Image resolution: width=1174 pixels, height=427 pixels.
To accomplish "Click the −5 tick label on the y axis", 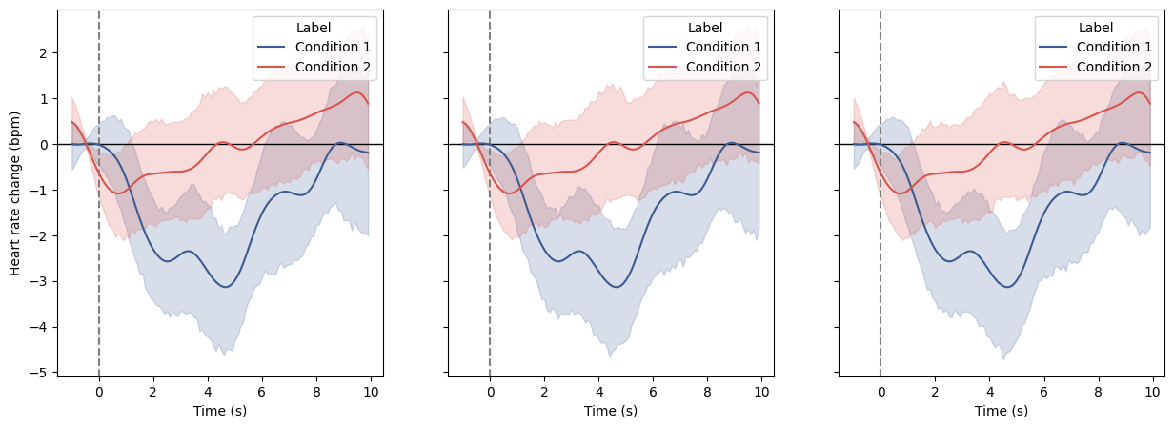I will pos(41,373).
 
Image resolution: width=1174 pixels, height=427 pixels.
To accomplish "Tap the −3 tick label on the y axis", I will pos(41,281).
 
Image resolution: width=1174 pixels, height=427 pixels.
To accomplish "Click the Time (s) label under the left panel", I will pos(220,411).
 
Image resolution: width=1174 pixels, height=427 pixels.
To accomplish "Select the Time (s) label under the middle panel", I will pos(611,411).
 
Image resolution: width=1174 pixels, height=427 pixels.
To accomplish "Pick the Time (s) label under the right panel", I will pos(1002,411).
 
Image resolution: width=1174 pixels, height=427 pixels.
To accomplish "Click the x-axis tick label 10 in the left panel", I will pos(371,391).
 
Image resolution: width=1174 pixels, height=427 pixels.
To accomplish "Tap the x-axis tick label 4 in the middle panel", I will pos(598,391).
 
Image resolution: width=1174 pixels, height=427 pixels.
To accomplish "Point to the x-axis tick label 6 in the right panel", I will pos(1043,391).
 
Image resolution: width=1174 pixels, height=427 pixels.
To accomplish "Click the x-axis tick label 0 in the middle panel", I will pos(490,391).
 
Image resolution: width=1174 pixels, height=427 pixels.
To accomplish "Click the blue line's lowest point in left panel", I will pos(226,286).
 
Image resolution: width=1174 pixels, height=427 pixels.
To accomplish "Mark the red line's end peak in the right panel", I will pos(1140,92).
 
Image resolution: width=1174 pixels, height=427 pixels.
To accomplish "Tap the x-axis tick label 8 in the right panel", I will pos(1098,391).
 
